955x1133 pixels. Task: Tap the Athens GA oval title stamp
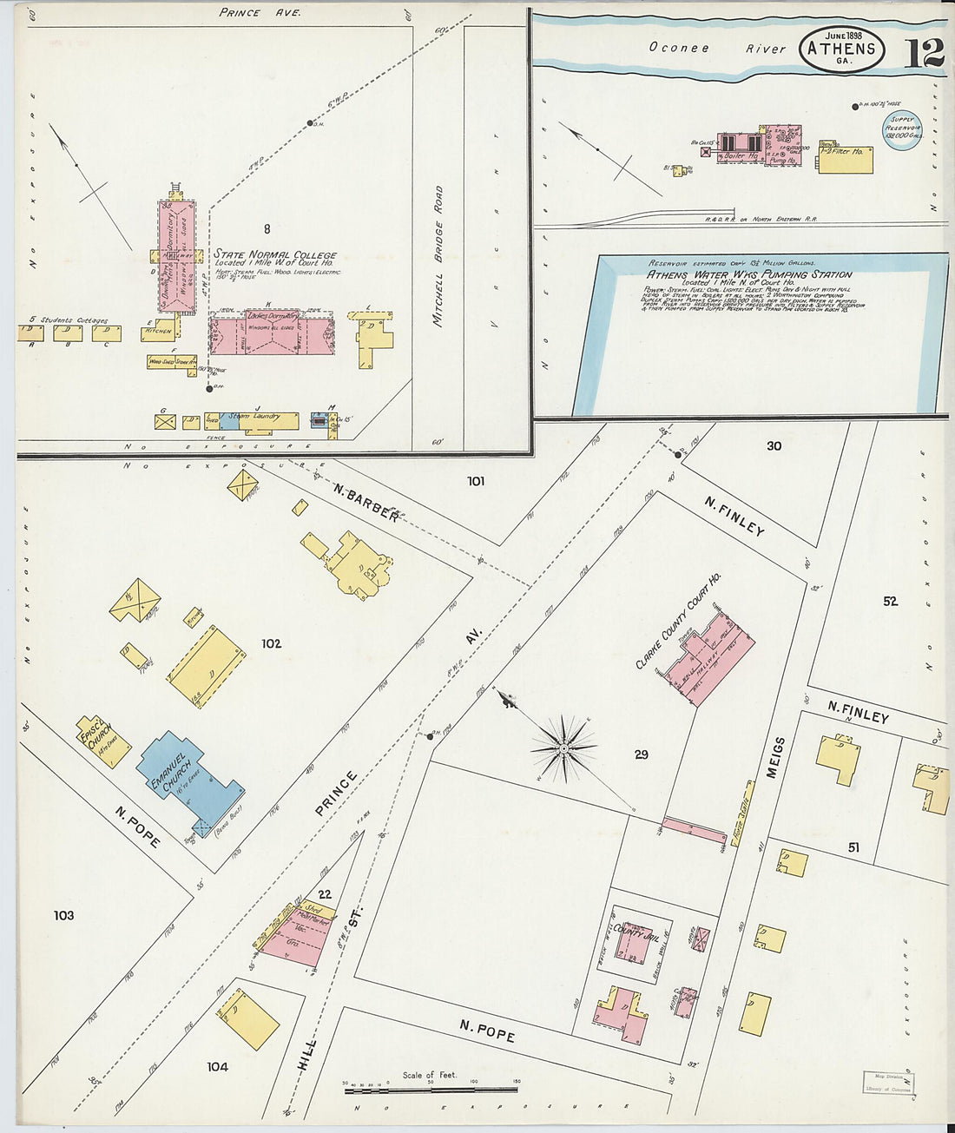pos(841,49)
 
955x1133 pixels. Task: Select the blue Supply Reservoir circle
pos(902,131)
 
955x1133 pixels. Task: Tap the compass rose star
pos(564,747)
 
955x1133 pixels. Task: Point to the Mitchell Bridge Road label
pos(438,255)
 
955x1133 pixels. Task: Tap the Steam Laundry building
pos(251,421)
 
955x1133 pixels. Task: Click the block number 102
pos(271,643)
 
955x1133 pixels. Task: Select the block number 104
pos(217,1066)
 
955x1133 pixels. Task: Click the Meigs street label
pos(775,757)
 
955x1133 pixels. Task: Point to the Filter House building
pos(846,158)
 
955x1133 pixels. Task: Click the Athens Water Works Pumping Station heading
pos(748,274)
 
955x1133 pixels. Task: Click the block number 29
pos(641,754)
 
